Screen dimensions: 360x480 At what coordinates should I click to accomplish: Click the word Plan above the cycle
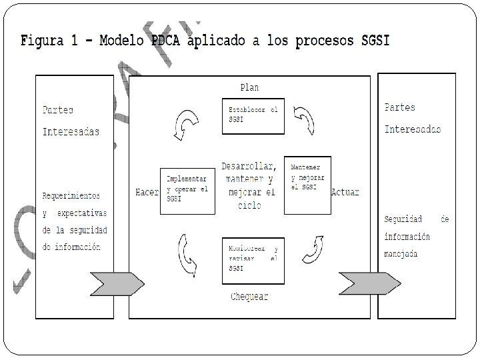(x=249, y=87)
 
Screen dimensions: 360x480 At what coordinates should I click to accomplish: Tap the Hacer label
(x=146, y=192)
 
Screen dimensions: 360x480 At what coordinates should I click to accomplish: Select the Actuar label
(x=345, y=192)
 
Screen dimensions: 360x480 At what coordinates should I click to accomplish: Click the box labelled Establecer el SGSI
(x=252, y=116)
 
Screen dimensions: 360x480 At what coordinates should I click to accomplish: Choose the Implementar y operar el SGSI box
(x=188, y=190)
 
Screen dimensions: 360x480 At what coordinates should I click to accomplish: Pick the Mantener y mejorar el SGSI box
(x=307, y=185)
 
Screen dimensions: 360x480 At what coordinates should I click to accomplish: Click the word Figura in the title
(x=43, y=41)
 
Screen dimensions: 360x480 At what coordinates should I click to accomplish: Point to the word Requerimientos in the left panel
(x=71, y=196)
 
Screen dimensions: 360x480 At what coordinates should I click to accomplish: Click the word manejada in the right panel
(x=401, y=254)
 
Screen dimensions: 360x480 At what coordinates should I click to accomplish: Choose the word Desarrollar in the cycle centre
(x=249, y=165)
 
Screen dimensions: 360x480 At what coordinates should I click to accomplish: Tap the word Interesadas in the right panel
(x=412, y=129)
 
